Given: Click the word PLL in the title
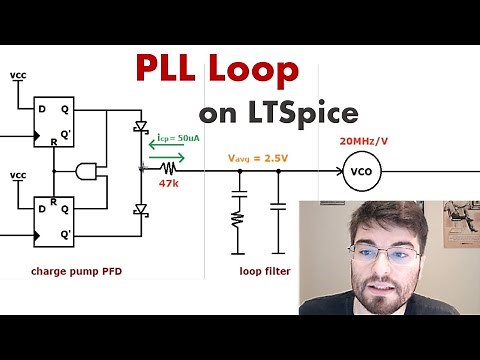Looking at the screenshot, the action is coord(172,70).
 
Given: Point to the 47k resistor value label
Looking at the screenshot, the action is coord(169,184).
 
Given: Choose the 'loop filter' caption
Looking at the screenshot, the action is coord(264,271).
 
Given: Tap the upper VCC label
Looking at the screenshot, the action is coord(19,76).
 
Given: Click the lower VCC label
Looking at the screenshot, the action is coord(19,176).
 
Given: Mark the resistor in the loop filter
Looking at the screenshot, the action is coord(239,217).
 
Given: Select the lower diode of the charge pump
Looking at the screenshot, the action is coord(140,209).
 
